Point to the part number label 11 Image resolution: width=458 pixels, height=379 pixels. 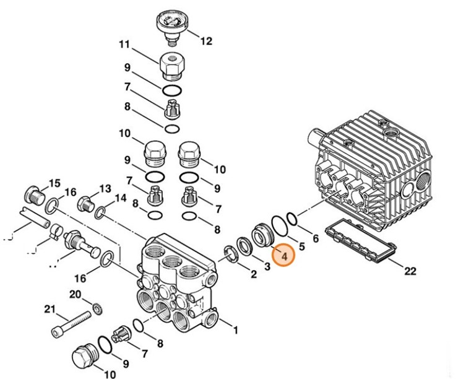[x=124, y=45]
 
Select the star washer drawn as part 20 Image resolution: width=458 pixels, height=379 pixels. [x=96, y=308]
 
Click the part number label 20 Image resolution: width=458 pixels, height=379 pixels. [x=75, y=294]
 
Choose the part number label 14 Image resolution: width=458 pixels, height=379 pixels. [x=119, y=198]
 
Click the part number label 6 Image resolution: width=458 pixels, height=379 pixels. [x=315, y=238]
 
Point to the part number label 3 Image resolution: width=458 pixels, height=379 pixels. [x=267, y=266]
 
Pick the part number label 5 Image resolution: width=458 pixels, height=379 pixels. [x=301, y=246]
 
